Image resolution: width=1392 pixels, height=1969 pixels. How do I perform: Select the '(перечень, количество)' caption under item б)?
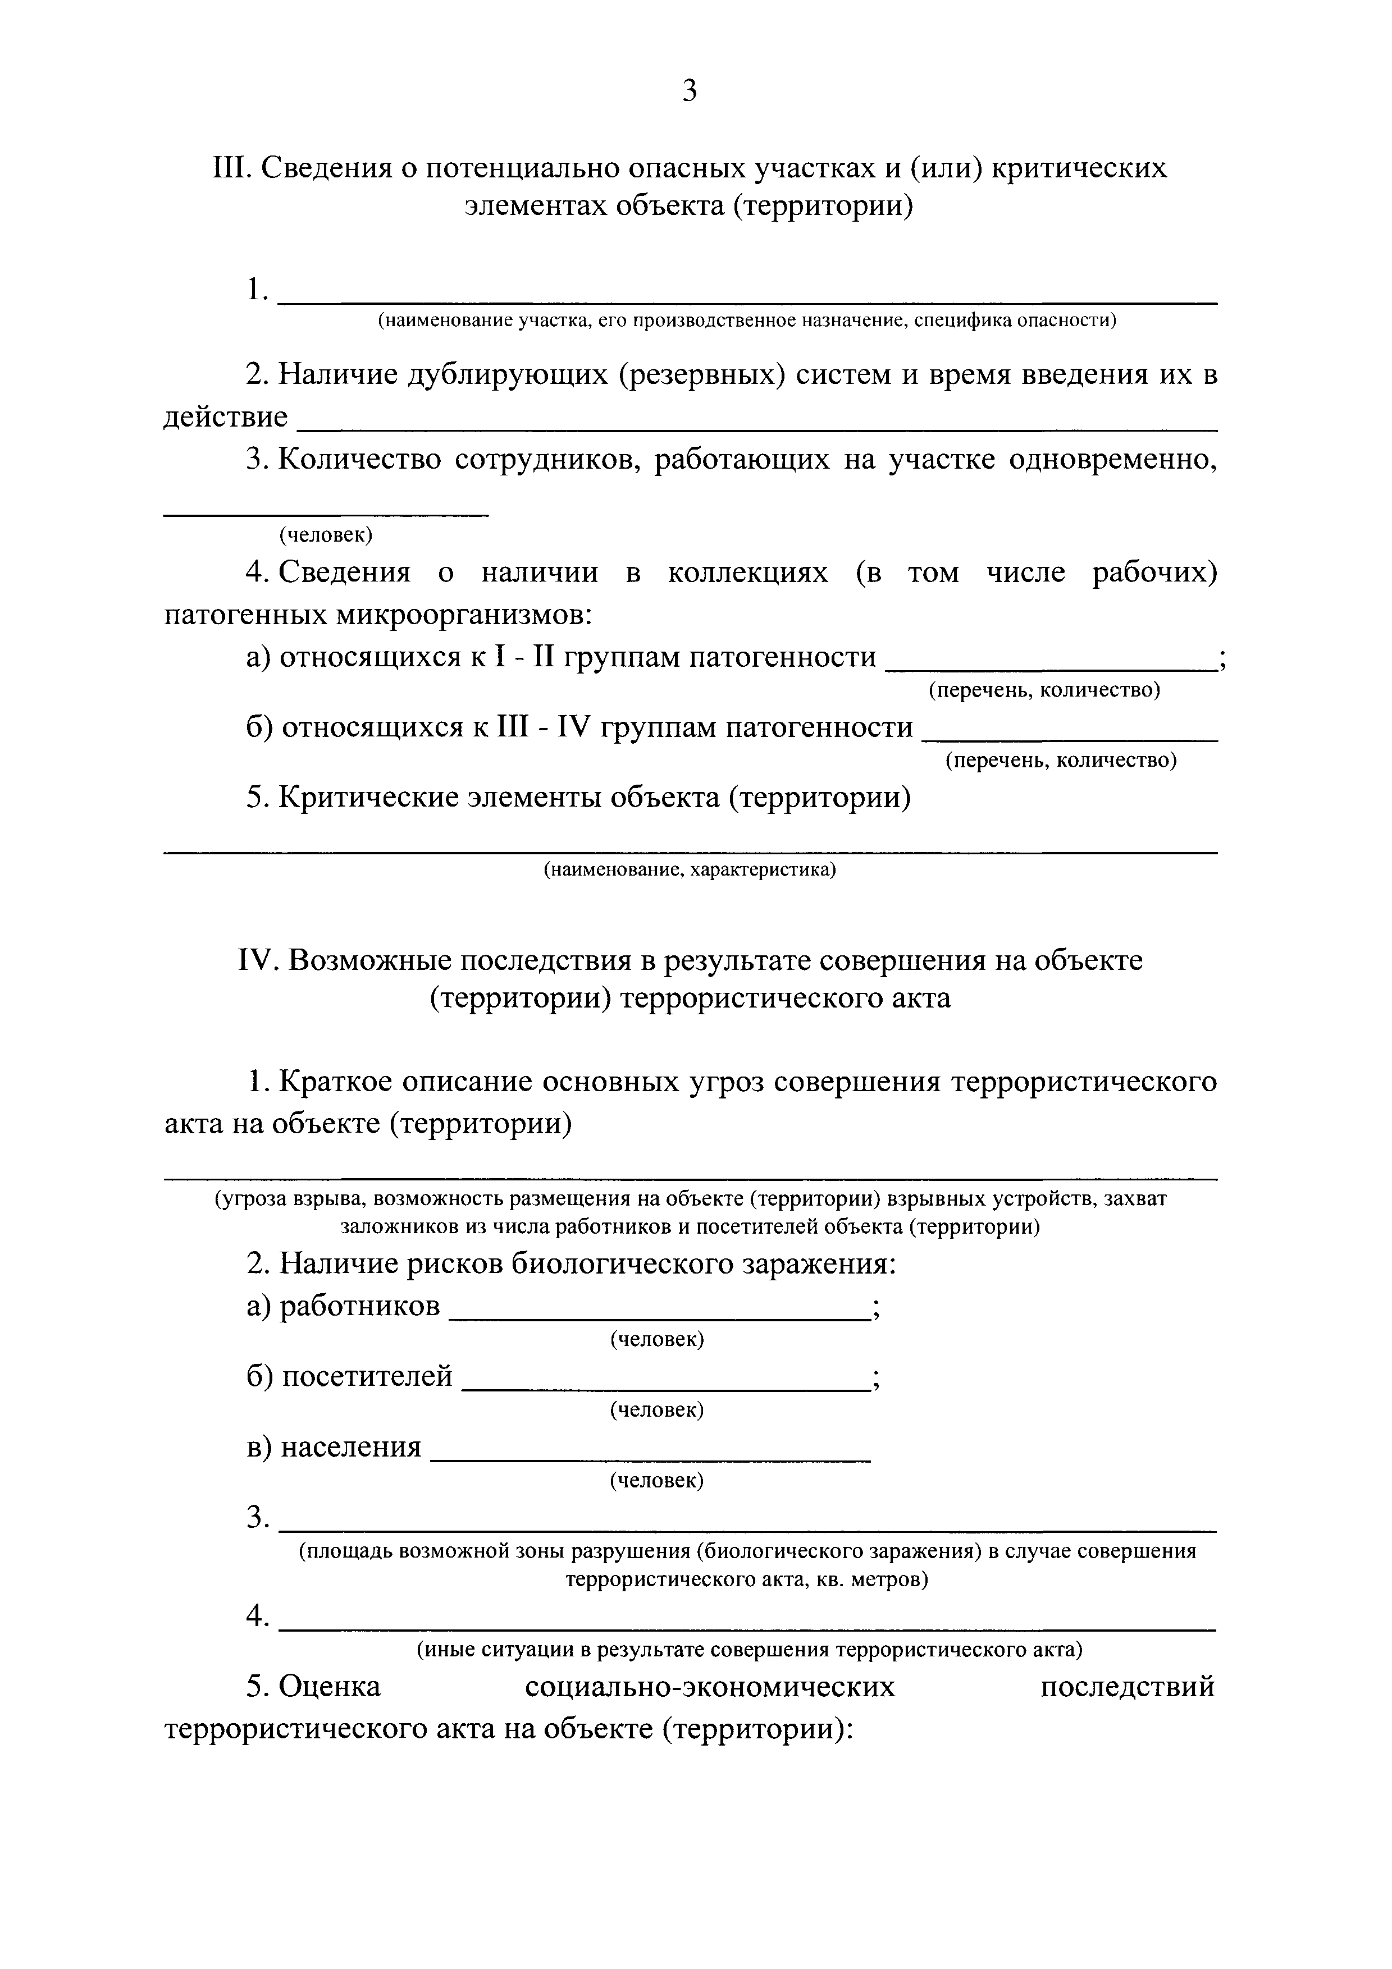[x=1060, y=760]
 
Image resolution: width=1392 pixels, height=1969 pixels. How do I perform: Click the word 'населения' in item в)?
[x=352, y=1448]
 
